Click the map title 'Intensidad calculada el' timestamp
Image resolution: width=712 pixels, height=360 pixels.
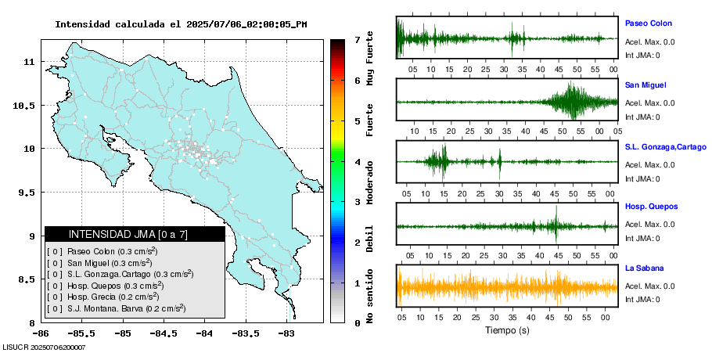(x=181, y=24)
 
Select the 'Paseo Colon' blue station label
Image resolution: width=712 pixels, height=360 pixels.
(x=648, y=23)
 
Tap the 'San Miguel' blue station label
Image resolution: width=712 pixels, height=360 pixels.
(x=645, y=85)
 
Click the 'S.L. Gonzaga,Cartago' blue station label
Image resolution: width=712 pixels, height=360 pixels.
(x=665, y=146)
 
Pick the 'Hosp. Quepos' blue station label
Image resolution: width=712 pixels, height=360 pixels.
(x=651, y=207)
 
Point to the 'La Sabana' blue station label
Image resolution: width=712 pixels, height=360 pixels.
(x=644, y=268)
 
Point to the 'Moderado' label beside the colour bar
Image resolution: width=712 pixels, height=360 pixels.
(x=370, y=181)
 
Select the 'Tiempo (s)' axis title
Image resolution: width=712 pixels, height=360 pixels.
(x=506, y=330)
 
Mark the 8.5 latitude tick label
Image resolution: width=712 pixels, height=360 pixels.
(x=29, y=279)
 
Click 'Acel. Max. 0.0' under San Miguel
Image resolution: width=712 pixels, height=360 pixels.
(x=650, y=103)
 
